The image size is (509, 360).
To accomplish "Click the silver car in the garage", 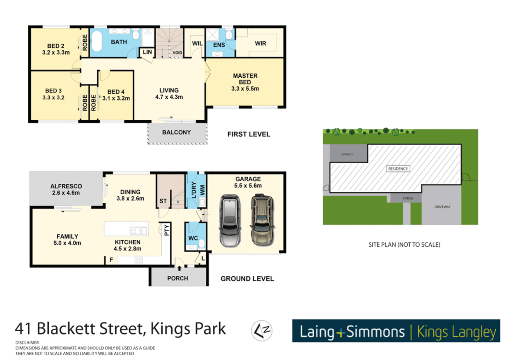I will pos(230,221).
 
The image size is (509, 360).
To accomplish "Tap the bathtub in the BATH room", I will pos(97,41).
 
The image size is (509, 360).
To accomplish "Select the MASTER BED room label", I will pos(245,79).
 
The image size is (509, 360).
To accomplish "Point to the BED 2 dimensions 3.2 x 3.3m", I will pos(56,52).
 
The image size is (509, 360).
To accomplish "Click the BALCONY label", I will pos(176,132).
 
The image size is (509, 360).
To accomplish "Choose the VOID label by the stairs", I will pos(177,53).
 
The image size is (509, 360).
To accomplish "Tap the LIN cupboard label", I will pos(147,52).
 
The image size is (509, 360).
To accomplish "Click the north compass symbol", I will pos(261,330).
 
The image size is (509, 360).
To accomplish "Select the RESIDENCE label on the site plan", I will pos(398,169).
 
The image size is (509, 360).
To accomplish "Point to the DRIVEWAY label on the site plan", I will pos(442,207).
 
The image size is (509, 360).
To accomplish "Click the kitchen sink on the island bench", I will pos(139,230).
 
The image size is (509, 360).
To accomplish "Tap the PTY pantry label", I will pos(167,230).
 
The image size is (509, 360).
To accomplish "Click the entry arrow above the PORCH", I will pos(179,268).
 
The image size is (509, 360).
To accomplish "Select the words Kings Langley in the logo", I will pos(456,332).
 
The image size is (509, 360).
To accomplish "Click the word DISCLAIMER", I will pos(27,342).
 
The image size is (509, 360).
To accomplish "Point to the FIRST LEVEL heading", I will pos(249,134).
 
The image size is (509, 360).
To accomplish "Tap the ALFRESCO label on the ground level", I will pos(66,186).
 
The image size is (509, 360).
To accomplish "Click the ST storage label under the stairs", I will pos(163,201).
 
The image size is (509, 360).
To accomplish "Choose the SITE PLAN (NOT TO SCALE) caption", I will pos(404,245).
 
